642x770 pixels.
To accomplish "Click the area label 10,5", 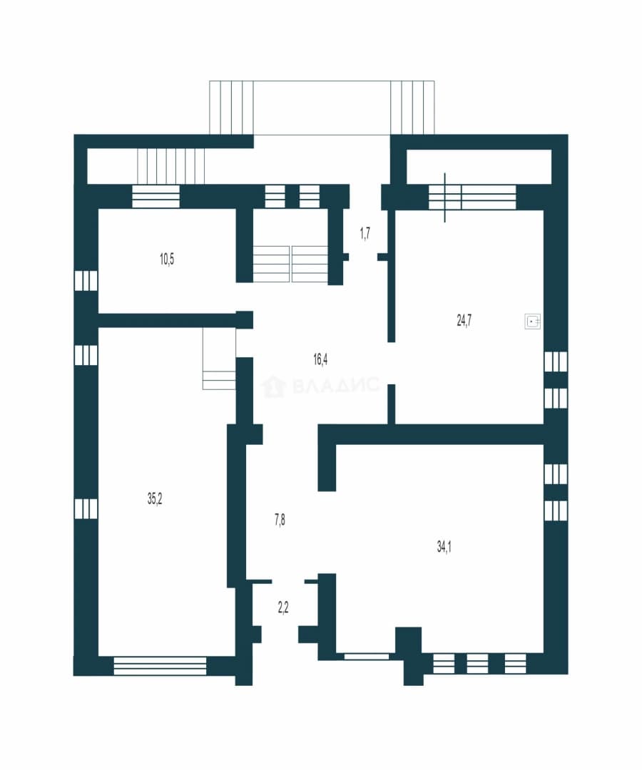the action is point(167,259).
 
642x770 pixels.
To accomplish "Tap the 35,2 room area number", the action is point(155,499).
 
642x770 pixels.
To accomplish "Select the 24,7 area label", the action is point(464,321).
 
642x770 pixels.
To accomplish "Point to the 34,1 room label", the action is point(444,547).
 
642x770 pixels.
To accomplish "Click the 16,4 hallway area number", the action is point(320,359).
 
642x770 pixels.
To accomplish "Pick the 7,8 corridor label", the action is point(280,520).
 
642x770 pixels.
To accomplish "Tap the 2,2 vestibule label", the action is point(283,608).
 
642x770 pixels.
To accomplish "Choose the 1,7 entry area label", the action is point(365,233).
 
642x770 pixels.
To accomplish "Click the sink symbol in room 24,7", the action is point(533,322).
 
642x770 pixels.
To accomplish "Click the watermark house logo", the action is point(274,386).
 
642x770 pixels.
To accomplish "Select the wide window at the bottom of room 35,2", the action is point(160,667).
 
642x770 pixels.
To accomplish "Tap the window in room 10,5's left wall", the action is point(86,281).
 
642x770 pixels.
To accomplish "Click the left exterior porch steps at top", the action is point(231,107).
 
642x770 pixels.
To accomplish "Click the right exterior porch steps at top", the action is point(412,107).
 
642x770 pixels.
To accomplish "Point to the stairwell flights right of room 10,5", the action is point(290,265).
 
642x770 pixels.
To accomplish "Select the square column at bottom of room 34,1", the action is point(409,640).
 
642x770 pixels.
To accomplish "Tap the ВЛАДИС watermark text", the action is point(335,386).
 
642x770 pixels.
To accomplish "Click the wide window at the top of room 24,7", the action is point(472,197).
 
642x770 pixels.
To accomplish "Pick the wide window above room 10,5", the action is point(156,197).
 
